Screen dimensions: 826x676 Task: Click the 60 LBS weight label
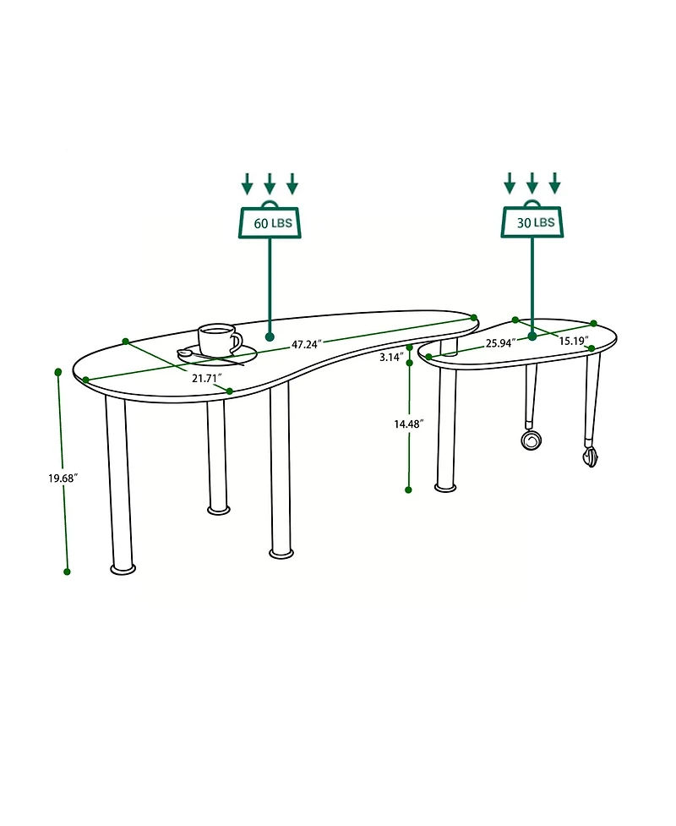pyautogui.click(x=270, y=224)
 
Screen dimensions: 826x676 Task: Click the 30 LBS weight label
pyautogui.click(x=532, y=222)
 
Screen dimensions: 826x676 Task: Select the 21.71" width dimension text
pyautogui.click(x=206, y=378)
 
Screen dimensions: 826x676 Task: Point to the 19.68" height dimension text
pyautogui.click(x=63, y=478)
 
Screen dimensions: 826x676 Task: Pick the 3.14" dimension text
pyautogui.click(x=391, y=358)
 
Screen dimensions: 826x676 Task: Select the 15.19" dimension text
pyautogui.click(x=573, y=342)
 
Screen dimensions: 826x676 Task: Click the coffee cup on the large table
pyautogui.click(x=218, y=340)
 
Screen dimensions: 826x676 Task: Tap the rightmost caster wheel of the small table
pyautogui.click(x=590, y=457)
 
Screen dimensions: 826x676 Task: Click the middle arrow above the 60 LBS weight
pyautogui.click(x=270, y=183)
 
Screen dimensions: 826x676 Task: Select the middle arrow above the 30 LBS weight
pyautogui.click(x=532, y=182)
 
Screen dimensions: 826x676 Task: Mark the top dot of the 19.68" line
pyautogui.click(x=58, y=372)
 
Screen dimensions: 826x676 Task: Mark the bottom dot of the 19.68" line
pyautogui.click(x=67, y=572)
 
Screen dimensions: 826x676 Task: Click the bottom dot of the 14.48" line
pyautogui.click(x=408, y=490)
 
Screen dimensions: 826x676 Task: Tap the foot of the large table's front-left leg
pyautogui.click(x=123, y=569)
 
